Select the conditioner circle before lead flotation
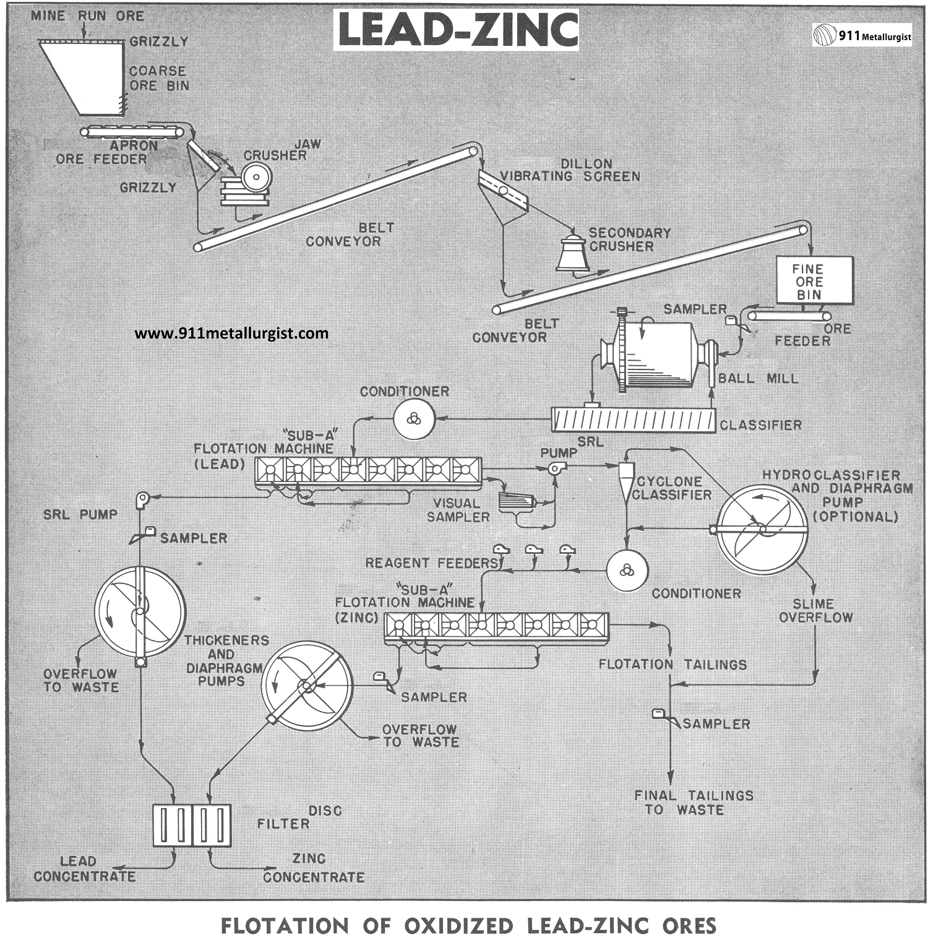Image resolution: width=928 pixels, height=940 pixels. click(414, 418)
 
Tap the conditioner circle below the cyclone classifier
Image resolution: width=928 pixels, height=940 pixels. click(627, 570)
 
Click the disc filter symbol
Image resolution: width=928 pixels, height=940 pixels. click(192, 825)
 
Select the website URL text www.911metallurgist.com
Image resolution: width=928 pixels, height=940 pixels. click(231, 334)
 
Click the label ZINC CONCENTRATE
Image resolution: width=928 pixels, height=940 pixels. click(314, 868)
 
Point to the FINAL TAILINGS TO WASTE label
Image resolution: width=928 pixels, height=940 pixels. click(694, 803)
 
